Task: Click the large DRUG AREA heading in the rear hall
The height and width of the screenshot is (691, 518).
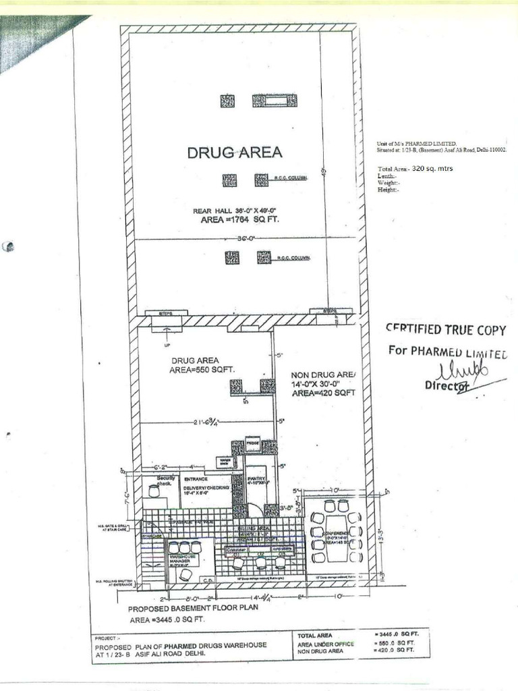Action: point(235,153)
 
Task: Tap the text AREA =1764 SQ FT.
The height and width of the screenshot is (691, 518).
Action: point(235,219)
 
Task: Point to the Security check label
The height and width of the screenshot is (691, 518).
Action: point(165,480)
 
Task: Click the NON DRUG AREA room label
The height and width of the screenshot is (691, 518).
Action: point(322,375)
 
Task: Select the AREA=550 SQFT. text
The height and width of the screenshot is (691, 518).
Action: point(202,369)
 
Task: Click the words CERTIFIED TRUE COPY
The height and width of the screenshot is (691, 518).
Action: point(445,329)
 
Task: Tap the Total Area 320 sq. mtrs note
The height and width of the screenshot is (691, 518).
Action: point(415,169)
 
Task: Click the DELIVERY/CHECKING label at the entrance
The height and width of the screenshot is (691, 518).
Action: point(207,487)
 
